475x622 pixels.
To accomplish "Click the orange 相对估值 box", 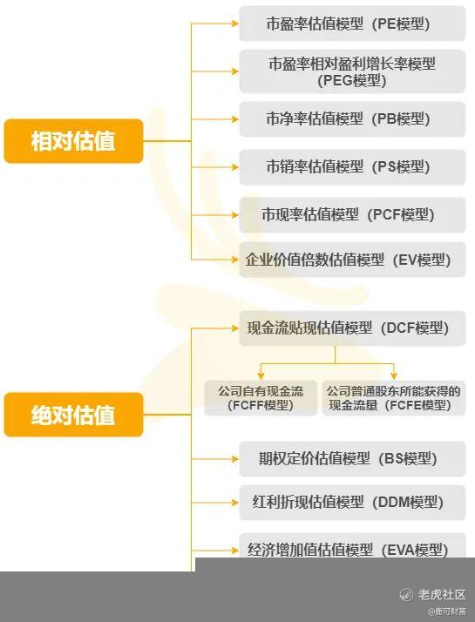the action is tap(73, 141).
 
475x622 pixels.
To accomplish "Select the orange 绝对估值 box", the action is tap(73, 415).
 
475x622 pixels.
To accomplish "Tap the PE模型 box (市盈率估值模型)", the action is tap(352, 24).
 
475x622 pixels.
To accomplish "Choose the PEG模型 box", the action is tap(352, 71).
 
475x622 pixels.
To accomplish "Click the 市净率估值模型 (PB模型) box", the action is tap(352, 119).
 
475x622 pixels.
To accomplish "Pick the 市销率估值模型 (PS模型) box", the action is tap(352, 166).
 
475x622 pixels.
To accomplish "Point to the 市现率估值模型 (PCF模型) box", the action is tap(352, 214).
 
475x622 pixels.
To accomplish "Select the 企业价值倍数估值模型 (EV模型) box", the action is tap(352, 260).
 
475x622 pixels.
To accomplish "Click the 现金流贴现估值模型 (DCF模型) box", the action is tap(352, 328).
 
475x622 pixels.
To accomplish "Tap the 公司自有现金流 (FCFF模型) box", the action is tap(261, 398).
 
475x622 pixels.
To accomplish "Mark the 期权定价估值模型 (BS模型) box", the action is tap(352, 458).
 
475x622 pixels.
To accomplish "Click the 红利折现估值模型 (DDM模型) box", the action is tap(352, 502).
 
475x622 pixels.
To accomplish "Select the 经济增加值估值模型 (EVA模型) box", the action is tap(352, 547).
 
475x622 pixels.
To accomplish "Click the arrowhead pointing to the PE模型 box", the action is tap(235, 24).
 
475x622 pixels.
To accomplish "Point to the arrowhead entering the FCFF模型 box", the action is tap(261, 376).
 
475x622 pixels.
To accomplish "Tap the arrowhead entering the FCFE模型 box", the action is tap(394, 376).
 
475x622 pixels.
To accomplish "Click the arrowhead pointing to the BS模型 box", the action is tap(235, 458).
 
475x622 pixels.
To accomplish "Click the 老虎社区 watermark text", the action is tap(442, 594).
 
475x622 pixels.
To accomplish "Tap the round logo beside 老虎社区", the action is tap(406, 594).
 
